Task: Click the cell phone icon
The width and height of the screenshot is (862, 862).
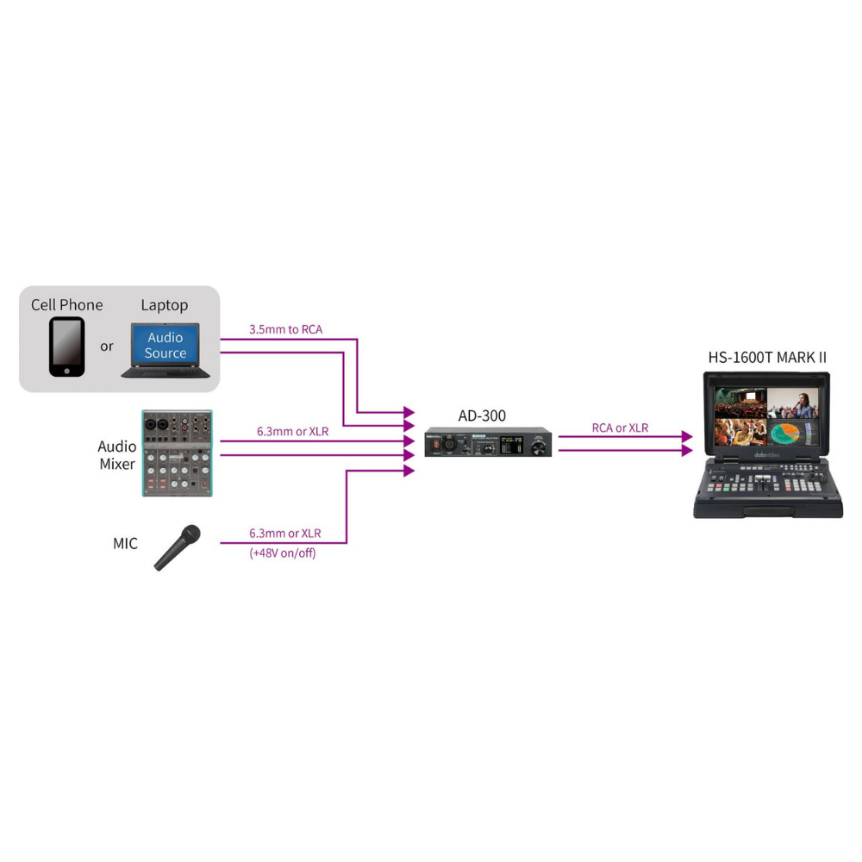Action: pyautogui.click(x=67, y=347)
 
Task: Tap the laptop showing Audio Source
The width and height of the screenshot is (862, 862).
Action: pyautogui.click(x=166, y=350)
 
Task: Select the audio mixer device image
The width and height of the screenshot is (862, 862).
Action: pyautogui.click(x=177, y=453)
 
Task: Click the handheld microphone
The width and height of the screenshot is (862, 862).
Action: pyautogui.click(x=177, y=547)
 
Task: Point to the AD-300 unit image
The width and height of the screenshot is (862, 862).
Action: pyautogui.click(x=488, y=442)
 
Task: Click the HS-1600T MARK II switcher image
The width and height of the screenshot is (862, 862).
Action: pyautogui.click(x=767, y=444)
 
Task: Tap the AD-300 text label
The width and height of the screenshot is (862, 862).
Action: pyautogui.click(x=482, y=415)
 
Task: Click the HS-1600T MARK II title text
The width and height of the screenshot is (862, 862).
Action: pyautogui.click(x=767, y=357)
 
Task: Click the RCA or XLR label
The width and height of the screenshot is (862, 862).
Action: pyautogui.click(x=620, y=428)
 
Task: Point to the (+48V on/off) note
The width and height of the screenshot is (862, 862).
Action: pyautogui.click(x=283, y=553)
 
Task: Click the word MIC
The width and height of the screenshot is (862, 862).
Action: pyautogui.click(x=125, y=544)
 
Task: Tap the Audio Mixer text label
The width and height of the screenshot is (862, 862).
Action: pyautogui.click(x=116, y=455)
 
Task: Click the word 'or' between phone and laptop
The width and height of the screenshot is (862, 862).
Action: pyautogui.click(x=107, y=347)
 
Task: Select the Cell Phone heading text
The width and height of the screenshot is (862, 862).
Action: pyautogui.click(x=66, y=305)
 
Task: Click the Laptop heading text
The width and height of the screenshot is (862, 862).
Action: pyautogui.click(x=165, y=305)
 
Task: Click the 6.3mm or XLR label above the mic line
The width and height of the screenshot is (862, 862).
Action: pyautogui.click(x=284, y=534)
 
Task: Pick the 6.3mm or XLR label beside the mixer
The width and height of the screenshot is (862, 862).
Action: pyautogui.click(x=292, y=430)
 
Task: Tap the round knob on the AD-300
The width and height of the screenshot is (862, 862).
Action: pyautogui.click(x=540, y=445)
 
